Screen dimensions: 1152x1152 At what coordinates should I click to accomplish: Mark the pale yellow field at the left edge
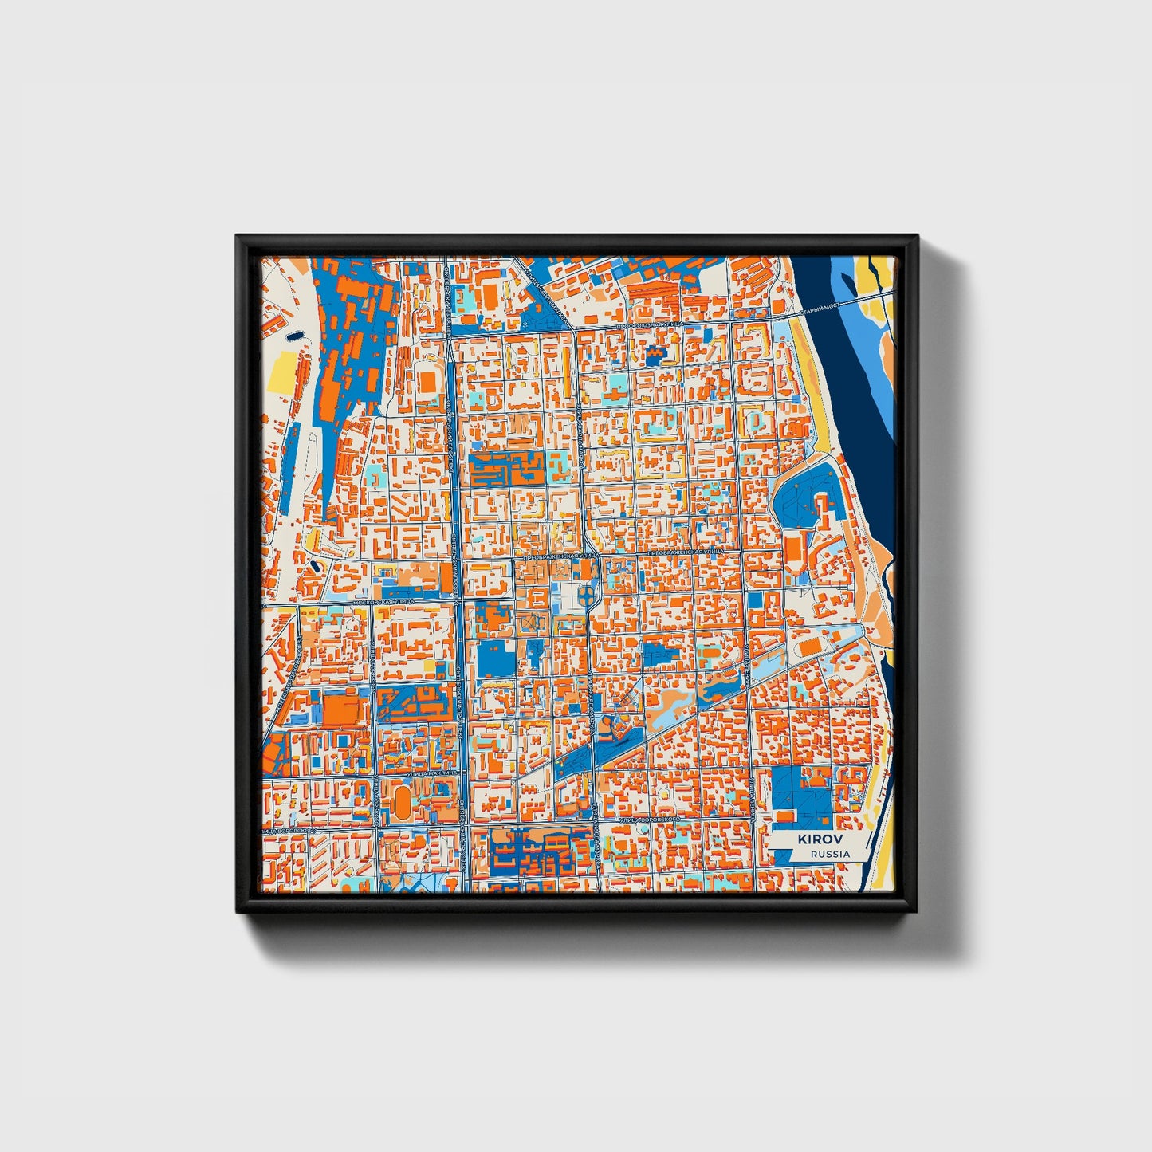point(281,373)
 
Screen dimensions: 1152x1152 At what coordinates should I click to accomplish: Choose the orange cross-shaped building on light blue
point(655,352)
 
